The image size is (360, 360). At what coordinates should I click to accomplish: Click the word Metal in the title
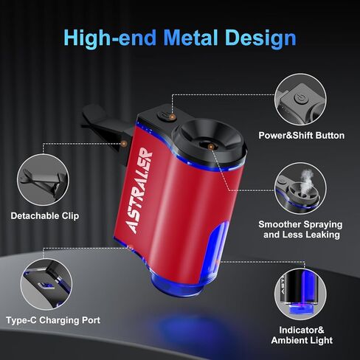click(190, 38)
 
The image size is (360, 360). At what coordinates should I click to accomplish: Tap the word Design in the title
click(260, 39)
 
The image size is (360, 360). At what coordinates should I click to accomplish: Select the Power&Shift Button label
click(302, 136)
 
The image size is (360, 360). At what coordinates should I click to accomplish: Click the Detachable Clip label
click(45, 215)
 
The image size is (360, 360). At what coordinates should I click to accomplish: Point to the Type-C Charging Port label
click(53, 320)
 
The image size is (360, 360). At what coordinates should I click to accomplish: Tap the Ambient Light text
click(302, 340)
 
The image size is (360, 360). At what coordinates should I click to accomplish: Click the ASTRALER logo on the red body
click(139, 190)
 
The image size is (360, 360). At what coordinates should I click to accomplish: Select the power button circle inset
click(300, 100)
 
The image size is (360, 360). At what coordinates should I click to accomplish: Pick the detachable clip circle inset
click(43, 180)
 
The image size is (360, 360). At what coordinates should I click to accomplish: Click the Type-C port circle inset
click(46, 285)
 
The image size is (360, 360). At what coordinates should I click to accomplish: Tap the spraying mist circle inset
click(300, 189)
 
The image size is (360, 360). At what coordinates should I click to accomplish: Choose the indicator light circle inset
click(300, 294)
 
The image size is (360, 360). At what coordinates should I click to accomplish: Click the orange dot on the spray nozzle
click(210, 147)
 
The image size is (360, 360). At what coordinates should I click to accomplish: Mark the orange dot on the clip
click(123, 143)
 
